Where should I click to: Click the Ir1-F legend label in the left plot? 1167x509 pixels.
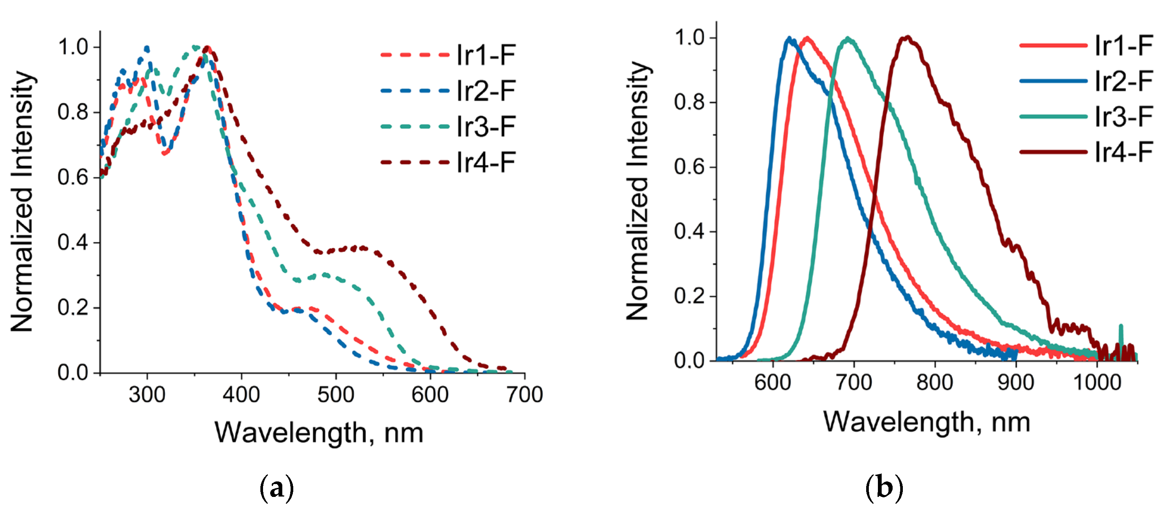pyautogui.click(x=486, y=55)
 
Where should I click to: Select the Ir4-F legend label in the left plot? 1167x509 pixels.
pyautogui.click(x=486, y=162)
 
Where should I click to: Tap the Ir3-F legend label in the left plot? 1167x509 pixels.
pyautogui.click(x=486, y=126)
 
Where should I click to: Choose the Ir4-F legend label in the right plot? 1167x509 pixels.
pyautogui.click(x=1123, y=152)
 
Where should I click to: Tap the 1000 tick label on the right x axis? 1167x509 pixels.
pyautogui.click(x=1097, y=383)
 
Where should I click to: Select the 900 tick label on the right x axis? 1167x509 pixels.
pyautogui.click(x=1016, y=383)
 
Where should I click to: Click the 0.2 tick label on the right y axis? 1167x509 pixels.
pyautogui.click(x=689, y=296)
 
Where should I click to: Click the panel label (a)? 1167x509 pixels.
pyautogui.click(x=276, y=488)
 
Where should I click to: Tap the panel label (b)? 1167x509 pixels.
pyautogui.click(x=884, y=488)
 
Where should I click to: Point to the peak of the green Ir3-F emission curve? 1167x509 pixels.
pyautogui.click(x=848, y=39)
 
